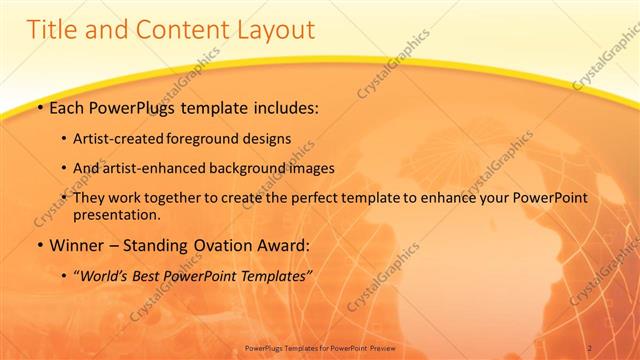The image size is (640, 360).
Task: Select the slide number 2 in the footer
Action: (589, 347)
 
